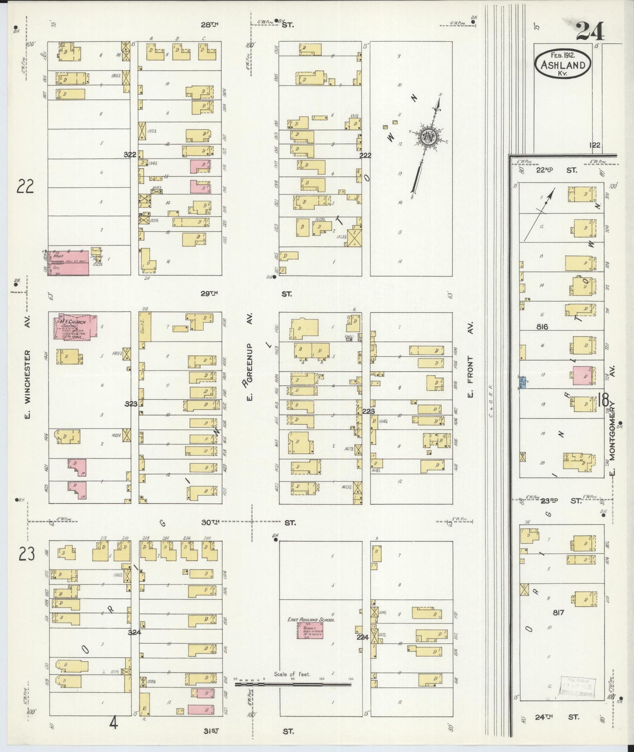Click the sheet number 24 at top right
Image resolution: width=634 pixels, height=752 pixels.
point(590,31)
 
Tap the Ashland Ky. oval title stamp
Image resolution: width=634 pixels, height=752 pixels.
point(562,64)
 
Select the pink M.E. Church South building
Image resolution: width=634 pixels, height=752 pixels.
point(75,327)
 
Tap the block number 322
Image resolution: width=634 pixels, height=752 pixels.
point(130,154)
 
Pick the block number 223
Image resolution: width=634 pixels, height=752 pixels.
point(369,411)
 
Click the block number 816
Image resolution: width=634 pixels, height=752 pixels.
point(542,326)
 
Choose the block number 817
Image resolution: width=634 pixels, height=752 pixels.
point(558,612)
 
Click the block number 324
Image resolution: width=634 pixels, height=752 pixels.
point(134,632)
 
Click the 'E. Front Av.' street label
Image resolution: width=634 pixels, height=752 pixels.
point(470,376)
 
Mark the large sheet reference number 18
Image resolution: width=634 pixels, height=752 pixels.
point(603,400)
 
